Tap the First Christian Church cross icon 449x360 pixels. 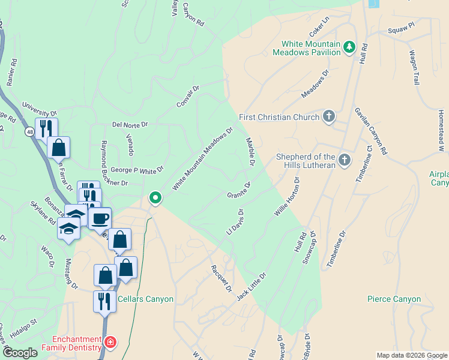tap(328, 116)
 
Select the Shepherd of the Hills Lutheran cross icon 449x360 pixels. tap(344, 160)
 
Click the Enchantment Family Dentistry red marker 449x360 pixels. tap(110, 343)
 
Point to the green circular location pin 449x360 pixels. tap(155, 197)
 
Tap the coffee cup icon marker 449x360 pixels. tap(100, 218)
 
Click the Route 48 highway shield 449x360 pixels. tap(29, 131)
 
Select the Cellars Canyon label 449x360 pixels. tap(145, 299)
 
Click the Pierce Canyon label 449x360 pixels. tap(394, 299)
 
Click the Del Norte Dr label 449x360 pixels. tap(130, 125)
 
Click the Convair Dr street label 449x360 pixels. tap(187, 97)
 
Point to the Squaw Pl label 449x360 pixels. tap(401, 28)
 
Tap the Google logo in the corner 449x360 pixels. tap(20, 353)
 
